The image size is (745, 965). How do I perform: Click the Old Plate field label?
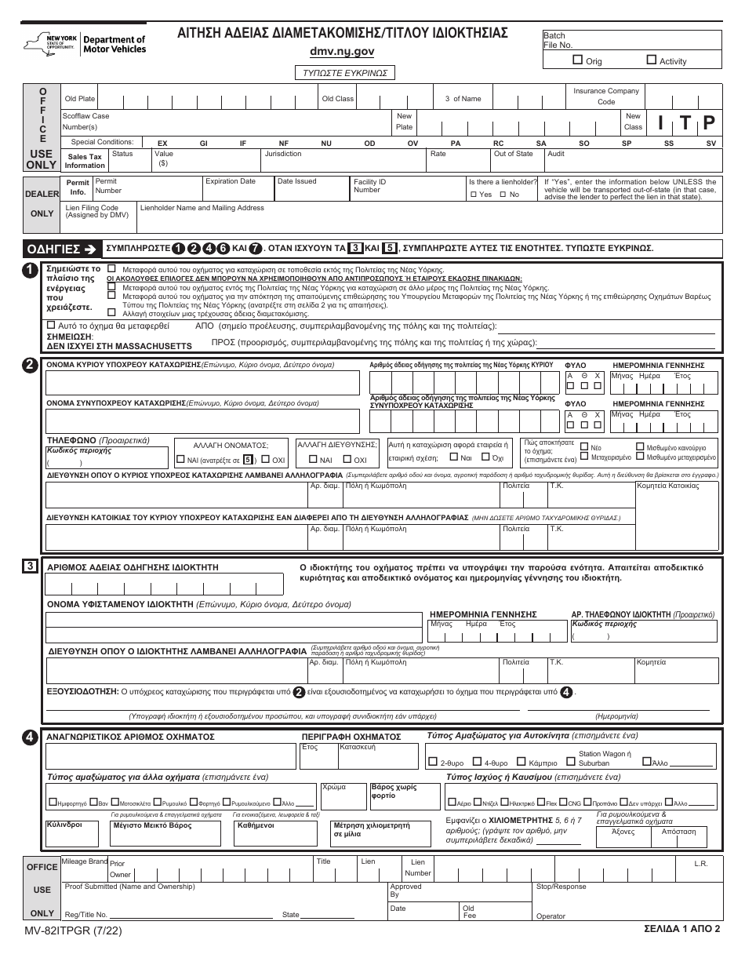click(x=80, y=99)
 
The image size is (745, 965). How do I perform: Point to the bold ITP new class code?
click(x=685, y=122)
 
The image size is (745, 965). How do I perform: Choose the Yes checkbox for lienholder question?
click(x=474, y=194)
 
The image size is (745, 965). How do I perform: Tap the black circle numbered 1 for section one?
click(x=29, y=269)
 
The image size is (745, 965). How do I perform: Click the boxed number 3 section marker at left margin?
click(x=29, y=565)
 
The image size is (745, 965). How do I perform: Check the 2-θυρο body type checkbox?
click(x=434, y=762)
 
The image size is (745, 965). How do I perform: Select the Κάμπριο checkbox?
click(x=525, y=762)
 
